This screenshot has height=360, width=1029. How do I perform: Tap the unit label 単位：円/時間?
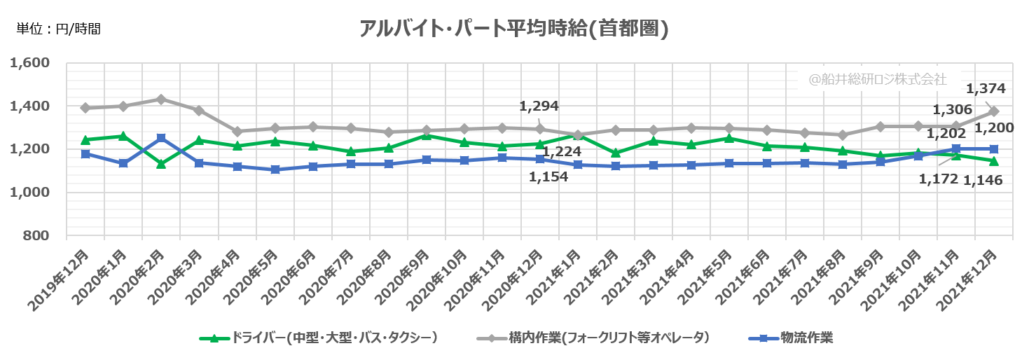click(59, 29)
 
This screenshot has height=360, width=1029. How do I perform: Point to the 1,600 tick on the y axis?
click(30, 63)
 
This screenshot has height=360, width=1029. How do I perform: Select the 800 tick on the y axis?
click(37, 236)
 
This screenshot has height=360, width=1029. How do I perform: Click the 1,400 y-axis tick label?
click(30, 106)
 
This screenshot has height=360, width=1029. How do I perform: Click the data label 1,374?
click(986, 89)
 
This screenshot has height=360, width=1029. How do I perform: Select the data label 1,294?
click(539, 106)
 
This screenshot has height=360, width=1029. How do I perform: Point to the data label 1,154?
click(548, 176)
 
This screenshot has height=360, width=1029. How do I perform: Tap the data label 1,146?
click(983, 180)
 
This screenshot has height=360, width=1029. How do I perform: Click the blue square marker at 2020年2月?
click(161, 138)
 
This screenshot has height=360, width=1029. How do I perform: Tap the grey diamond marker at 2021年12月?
click(993, 112)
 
